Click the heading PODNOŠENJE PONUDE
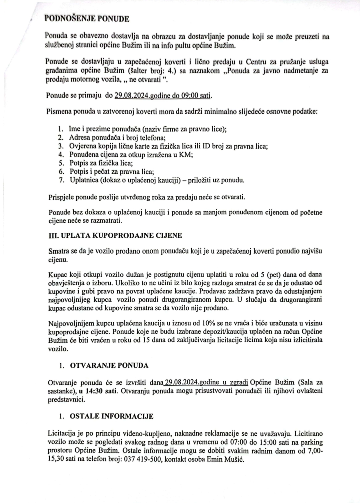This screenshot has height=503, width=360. (87, 19)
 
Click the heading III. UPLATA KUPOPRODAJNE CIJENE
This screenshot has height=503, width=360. (115, 236)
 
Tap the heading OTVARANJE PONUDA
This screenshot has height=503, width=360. (109, 365)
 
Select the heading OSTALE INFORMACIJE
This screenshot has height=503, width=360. (111, 416)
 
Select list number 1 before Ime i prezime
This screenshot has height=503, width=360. (60, 129)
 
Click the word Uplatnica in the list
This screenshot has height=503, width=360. (85, 181)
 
